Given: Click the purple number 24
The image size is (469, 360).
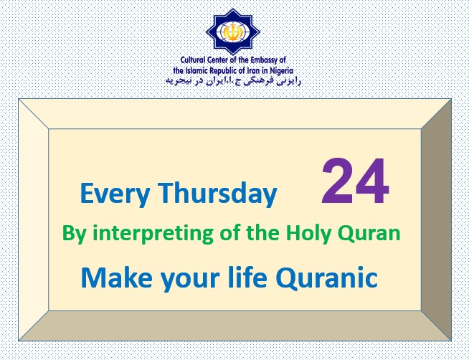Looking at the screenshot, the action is pos(356,181).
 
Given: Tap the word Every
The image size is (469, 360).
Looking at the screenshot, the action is pos(115,194).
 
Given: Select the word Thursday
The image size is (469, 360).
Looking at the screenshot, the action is pos(217,193).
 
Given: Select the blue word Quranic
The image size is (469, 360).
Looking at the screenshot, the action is pos(326,278).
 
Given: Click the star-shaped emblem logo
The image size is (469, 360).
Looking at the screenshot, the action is pos(233,32).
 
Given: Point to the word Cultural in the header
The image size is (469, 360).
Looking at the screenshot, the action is pos(193,60).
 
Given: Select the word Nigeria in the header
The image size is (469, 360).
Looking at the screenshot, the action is pos(281,71).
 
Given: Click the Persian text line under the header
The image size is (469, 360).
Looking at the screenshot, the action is pos(233,81).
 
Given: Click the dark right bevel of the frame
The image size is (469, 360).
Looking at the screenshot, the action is pos(436,220).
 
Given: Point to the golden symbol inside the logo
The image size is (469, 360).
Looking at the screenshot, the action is pos(232,32).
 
